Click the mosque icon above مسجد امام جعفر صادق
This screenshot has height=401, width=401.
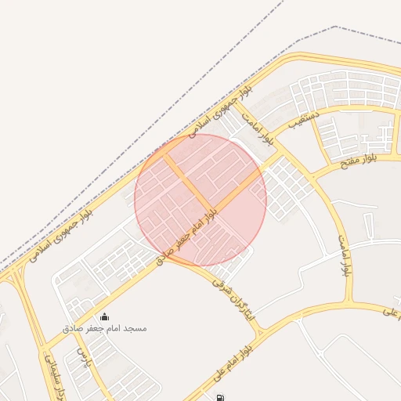pos(104,316)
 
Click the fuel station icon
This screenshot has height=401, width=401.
pos(219,397)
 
